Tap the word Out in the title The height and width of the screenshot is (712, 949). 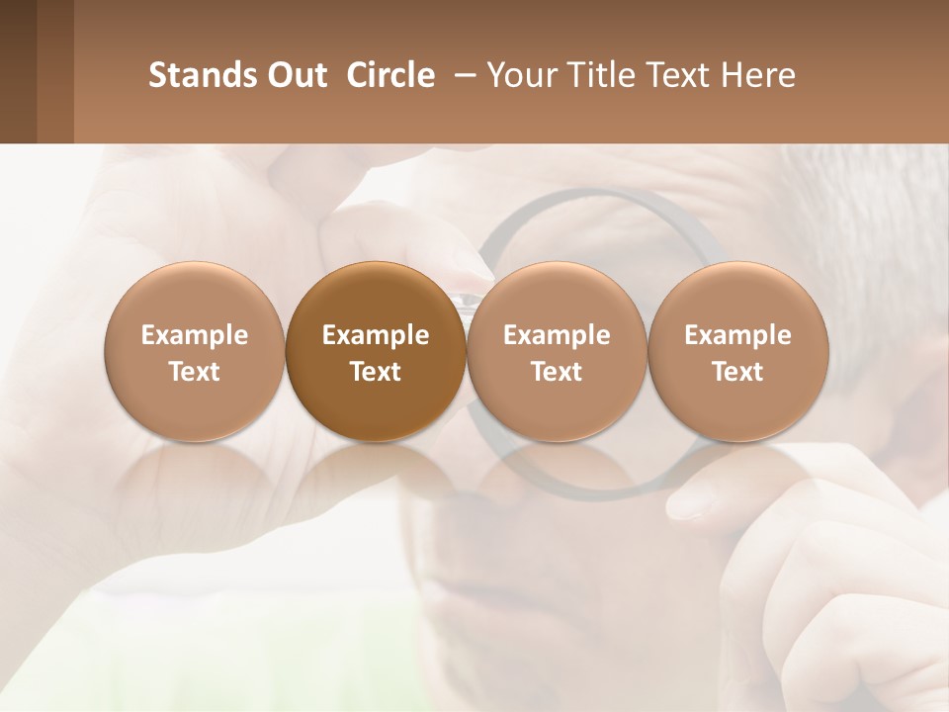pyautogui.click(x=296, y=75)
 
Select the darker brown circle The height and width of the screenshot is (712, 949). pyautogui.click(x=376, y=352)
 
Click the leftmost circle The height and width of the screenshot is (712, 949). pyautogui.click(x=195, y=352)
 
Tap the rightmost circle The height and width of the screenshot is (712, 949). pyautogui.click(x=737, y=352)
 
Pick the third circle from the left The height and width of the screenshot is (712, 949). pyautogui.click(x=557, y=352)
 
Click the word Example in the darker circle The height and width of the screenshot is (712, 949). pyautogui.click(x=376, y=335)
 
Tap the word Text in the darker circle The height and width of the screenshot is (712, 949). pyautogui.click(x=376, y=372)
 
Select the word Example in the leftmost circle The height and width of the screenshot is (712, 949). pyautogui.click(x=195, y=335)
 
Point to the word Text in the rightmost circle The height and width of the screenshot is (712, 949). pyautogui.click(x=737, y=372)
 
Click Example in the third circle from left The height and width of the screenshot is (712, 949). pyautogui.click(x=557, y=335)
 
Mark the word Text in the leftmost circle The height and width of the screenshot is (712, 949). pyautogui.click(x=195, y=372)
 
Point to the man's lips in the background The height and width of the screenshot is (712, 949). pyautogui.click(x=484, y=598)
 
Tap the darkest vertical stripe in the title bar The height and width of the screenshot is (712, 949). pyautogui.click(x=18, y=71)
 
